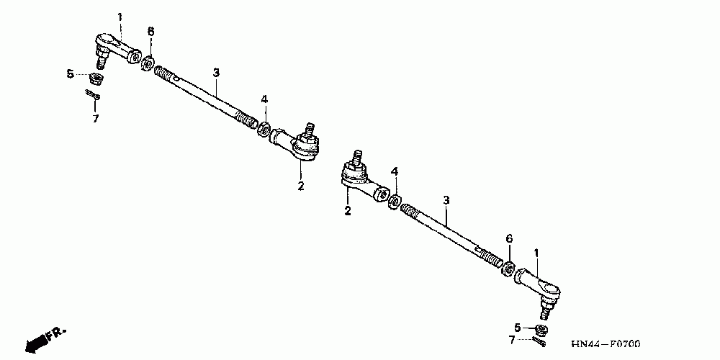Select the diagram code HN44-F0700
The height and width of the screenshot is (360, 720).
tap(605, 344)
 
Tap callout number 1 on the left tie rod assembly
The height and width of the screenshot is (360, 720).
tap(120, 16)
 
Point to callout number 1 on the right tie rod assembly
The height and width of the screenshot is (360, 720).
tap(536, 252)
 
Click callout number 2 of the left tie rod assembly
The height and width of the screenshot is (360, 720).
tap(301, 186)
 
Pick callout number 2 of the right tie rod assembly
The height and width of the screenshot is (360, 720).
tap(347, 211)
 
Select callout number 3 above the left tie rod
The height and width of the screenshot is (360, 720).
tap(215, 72)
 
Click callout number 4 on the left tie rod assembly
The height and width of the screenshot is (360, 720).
tap(264, 99)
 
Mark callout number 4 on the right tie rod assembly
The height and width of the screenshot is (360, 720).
tap(394, 171)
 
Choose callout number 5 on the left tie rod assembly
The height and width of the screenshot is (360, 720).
tap(70, 73)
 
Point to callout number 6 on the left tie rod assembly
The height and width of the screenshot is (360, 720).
tap(150, 31)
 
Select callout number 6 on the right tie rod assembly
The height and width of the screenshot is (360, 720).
tap(508, 238)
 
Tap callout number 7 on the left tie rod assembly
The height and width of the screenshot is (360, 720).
tap(95, 118)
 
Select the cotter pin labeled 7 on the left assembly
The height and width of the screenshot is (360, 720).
tap(93, 95)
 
